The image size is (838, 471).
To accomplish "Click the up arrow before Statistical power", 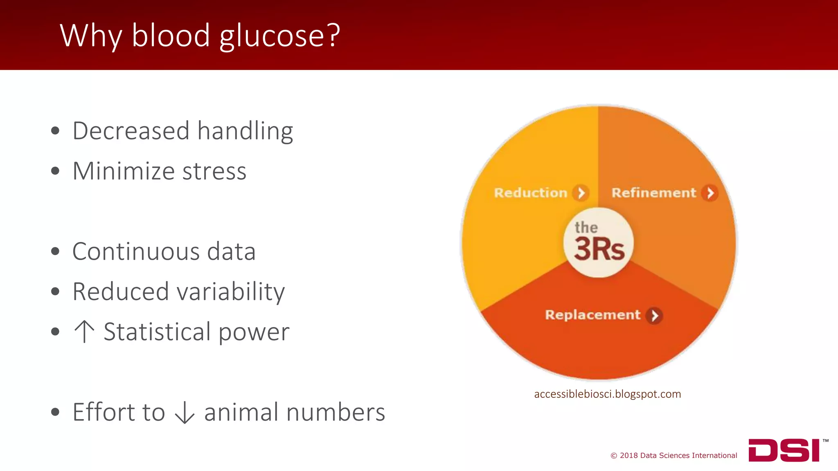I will pos(84,331).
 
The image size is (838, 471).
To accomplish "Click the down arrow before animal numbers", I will pos(185,412).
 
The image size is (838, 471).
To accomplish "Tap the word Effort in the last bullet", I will pos(119,412).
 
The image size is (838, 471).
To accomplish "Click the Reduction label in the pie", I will pos(530,193).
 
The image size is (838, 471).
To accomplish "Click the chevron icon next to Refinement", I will pos(710,193).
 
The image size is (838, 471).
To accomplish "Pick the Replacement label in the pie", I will pos(592,315).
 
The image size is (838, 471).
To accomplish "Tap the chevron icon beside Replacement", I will pos(654,315).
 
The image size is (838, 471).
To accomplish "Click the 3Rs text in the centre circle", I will pos(599,249).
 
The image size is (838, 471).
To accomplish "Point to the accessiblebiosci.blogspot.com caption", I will pos(607,394).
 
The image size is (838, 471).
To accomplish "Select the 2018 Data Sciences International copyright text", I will pos(674,455).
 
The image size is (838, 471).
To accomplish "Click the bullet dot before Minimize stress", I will pos(55,171).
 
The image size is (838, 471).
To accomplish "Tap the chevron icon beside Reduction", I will pos(581,193).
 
